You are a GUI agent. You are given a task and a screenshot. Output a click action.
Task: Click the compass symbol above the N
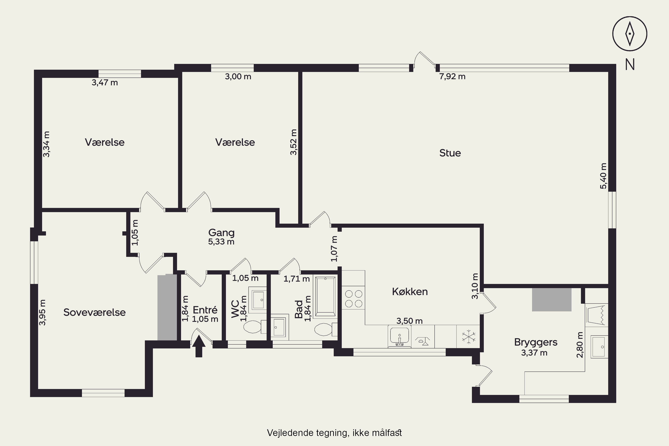click(630, 34)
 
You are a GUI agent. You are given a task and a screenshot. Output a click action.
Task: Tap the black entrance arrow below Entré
click(198, 346)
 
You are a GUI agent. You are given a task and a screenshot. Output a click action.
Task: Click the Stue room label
click(450, 153)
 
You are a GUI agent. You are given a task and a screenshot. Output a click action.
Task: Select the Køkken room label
click(410, 291)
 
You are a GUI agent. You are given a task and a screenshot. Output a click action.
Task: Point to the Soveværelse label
click(94, 312)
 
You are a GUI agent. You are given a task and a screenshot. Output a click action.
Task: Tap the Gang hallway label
click(221, 233)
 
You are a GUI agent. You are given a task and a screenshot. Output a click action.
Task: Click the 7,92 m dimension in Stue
click(452, 76)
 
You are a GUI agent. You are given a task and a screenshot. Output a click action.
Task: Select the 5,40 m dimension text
click(603, 176)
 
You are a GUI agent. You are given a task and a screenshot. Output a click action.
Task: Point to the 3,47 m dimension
click(105, 83)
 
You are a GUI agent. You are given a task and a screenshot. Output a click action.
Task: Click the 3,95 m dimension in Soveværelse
click(42, 312)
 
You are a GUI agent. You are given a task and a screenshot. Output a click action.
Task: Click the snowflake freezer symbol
click(468, 337)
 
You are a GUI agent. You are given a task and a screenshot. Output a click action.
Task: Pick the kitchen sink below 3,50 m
click(399, 337)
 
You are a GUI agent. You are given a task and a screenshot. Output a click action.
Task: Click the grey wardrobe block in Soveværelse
click(167, 307)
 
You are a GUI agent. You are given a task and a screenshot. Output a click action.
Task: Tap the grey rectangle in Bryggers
click(551, 299)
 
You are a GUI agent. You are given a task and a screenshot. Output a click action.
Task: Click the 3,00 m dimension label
click(238, 76)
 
